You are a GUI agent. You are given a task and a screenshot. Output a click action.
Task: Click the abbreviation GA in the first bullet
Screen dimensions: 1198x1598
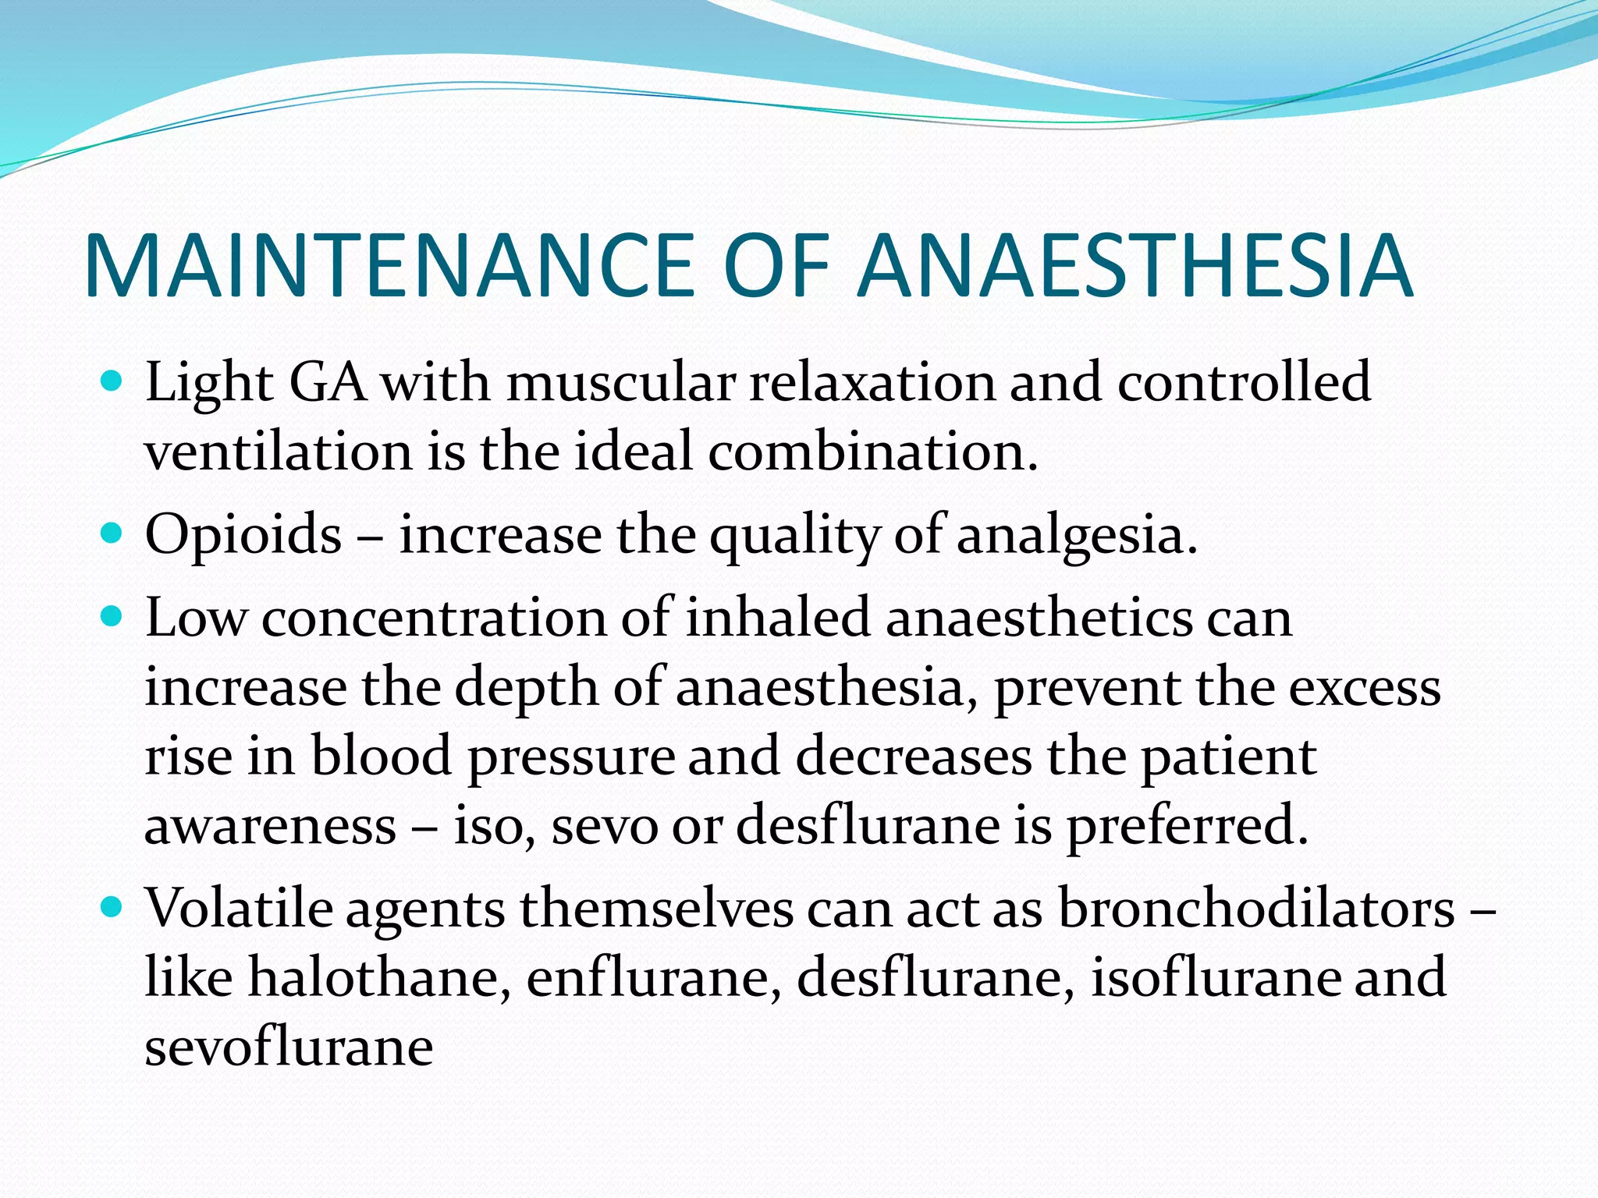coord(328,383)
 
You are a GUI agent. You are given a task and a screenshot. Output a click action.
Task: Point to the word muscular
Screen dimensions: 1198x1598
coord(621,383)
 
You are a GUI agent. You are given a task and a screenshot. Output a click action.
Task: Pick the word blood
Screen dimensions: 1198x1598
coord(382,757)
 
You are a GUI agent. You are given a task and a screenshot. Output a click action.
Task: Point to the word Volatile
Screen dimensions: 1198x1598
coord(239,909)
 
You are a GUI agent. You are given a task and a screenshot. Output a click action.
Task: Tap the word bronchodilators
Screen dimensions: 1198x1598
coord(1256,909)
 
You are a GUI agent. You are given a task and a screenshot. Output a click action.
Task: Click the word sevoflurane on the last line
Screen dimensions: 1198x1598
coord(289,1047)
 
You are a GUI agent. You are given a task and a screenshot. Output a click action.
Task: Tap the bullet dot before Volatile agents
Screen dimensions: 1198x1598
coord(113,907)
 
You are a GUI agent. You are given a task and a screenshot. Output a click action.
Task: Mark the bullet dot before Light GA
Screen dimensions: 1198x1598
coord(113,381)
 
